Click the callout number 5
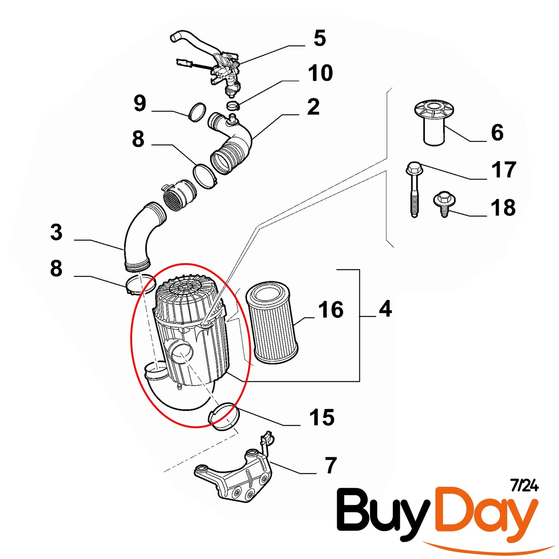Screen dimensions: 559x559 320,38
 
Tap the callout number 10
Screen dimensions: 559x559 320,73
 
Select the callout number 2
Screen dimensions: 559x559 313,107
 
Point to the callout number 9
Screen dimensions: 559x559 140,103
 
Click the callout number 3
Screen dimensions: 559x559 56,232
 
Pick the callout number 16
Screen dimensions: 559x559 331,310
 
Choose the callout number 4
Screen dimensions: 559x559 385,309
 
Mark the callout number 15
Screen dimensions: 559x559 321,417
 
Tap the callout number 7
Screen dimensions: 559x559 331,465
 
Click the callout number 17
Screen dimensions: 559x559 504,170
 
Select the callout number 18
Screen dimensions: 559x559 503,208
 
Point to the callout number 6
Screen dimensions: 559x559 497,133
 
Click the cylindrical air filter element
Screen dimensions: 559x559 272,323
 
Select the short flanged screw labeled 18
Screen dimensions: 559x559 444,203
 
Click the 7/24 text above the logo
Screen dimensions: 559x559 524,485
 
